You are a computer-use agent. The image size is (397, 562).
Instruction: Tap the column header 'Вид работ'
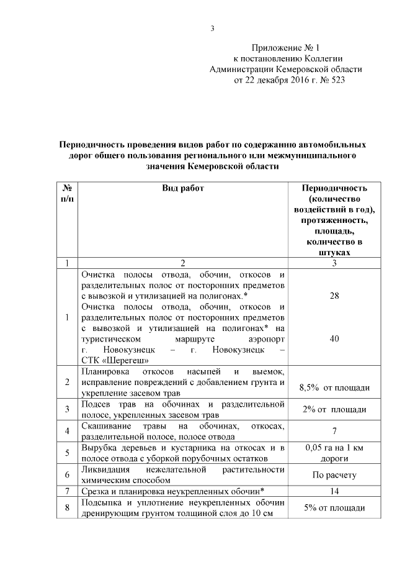pyautogui.click(x=183, y=188)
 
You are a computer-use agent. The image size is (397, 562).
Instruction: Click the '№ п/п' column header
pyautogui.click(x=66, y=193)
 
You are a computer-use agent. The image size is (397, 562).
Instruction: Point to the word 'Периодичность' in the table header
pyautogui.click(x=334, y=188)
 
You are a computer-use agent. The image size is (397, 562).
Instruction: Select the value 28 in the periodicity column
pyautogui.click(x=334, y=296)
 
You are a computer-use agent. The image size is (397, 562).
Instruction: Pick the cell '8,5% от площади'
pyautogui.click(x=334, y=387)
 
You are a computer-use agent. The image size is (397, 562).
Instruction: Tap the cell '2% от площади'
pyautogui.click(x=334, y=409)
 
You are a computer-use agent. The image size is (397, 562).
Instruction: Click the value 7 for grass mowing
pyautogui.click(x=334, y=430)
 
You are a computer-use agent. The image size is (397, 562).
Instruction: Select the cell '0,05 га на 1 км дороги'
pyautogui.click(x=334, y=453)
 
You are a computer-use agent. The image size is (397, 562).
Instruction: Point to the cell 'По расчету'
pyautogui.click(x=334, y=474)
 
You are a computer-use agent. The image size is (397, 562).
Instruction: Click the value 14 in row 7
pyautogui.click(x=334, y=491)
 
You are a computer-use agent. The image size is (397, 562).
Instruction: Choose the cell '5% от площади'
pyautogui.click(x=334, y=507)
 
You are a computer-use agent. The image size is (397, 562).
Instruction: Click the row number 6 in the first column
pyautogui.click(x=66, y=474)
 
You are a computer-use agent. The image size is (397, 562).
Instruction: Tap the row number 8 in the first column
pyautogui.click(x=66, y=507)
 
